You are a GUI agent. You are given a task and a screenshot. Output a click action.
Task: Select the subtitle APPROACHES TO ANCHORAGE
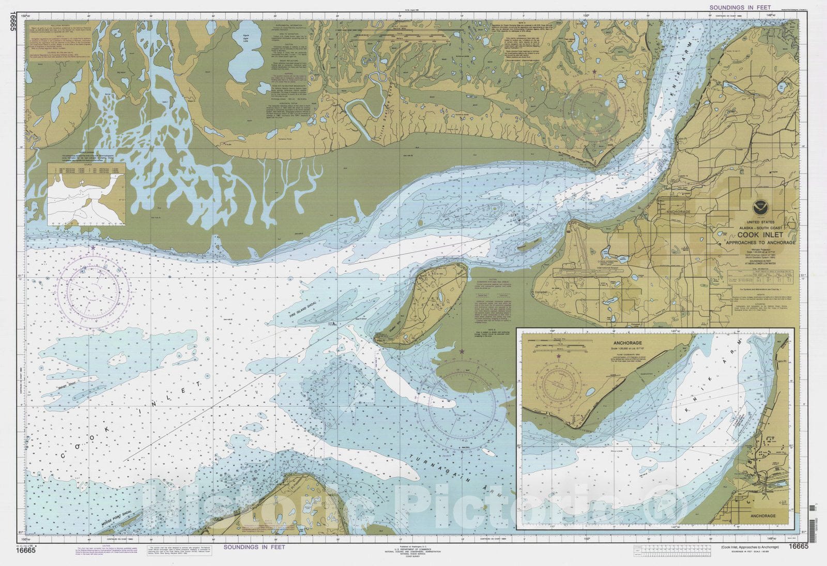tap(760, 242)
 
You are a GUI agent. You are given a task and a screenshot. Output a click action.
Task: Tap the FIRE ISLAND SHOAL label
tap(291, 314)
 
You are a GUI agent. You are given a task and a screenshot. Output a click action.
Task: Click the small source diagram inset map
tap(86, 195)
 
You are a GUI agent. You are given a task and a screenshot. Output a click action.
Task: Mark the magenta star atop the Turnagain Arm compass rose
tap(461, 351)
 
